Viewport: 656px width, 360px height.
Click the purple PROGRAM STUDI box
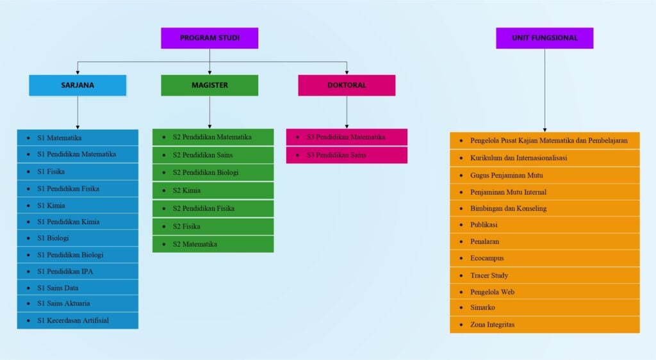(x=209, y=38)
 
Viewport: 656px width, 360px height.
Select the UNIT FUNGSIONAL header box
(x=545, y=38)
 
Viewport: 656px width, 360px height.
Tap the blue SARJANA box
(x=78, y=85)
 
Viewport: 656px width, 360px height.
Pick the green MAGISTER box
(x=209, y=85)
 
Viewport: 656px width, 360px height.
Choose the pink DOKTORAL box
(x=347, y=85)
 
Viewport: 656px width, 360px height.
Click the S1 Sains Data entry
(x=78, y=288)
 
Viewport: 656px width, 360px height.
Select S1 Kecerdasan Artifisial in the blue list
(x=78, y=320)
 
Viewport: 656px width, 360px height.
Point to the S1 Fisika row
(x=78, y=172)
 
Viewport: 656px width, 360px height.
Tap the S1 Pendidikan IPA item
(x=78, y=271)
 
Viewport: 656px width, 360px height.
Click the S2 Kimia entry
(x=213, y=190)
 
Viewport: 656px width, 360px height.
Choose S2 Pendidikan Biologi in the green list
(x=213, y=172)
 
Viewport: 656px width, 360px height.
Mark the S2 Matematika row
(x=213, y=244)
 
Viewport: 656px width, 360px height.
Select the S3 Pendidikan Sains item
(x=347, y=155)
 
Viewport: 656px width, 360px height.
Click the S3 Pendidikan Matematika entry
(x=347, y=137)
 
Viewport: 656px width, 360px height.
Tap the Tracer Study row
(x=545, y=275)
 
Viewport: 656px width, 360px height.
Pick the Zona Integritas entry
(x=545, y=325)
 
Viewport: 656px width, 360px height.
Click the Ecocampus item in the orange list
(x=545, y=258)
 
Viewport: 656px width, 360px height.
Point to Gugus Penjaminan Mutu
(x=545, y=175)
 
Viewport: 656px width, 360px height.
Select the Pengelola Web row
(x=545, y=292)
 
